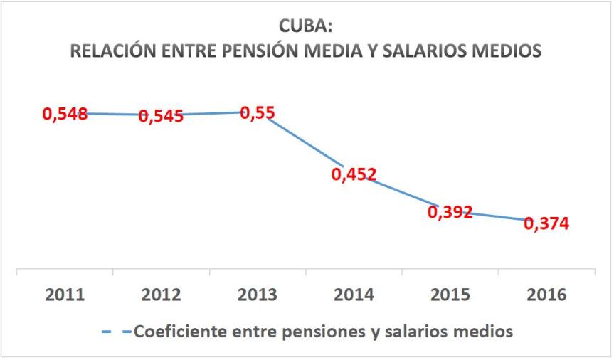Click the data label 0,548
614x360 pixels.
tap(65, 114)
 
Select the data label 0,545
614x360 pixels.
tap(161, 116)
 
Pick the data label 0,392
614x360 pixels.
tap(450, 212)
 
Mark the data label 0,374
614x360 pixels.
tap(546, 223)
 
